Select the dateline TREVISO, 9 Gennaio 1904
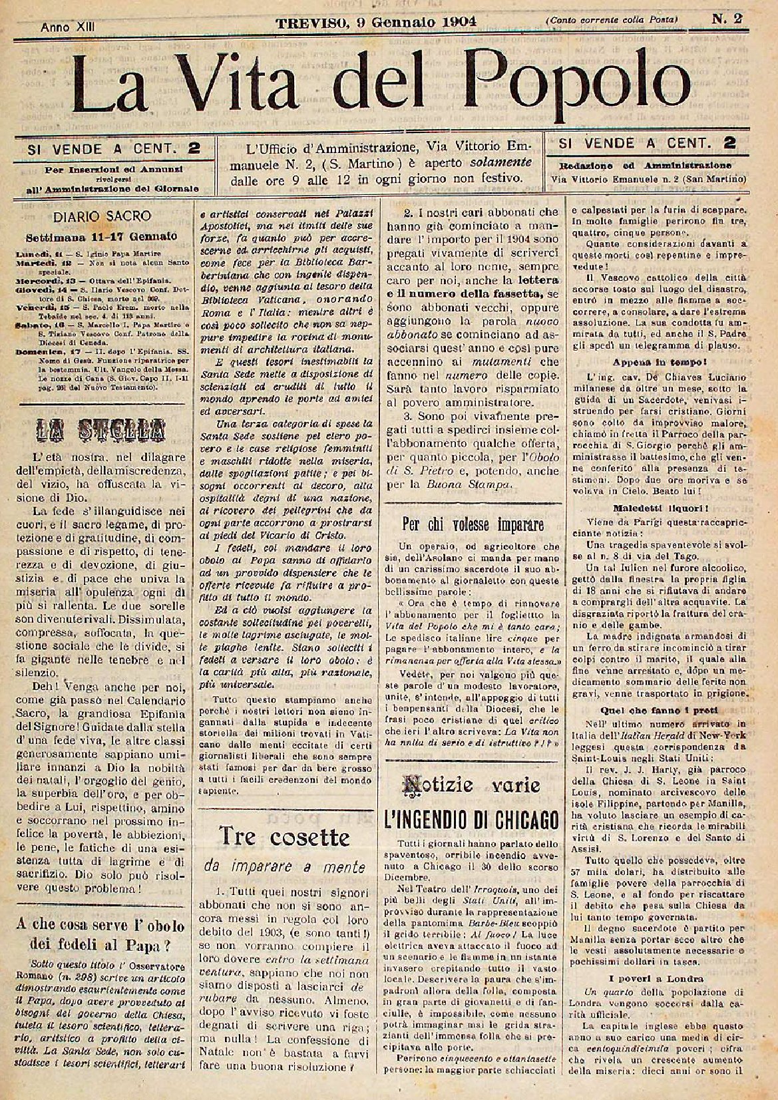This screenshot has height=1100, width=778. click(377, 20)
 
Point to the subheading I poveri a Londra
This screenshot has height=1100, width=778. click(638, 979)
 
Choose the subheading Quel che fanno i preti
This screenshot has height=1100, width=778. click(638, 709)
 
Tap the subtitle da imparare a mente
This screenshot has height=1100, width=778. click(286, 866)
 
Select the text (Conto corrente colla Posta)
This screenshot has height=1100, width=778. click(612, 21)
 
